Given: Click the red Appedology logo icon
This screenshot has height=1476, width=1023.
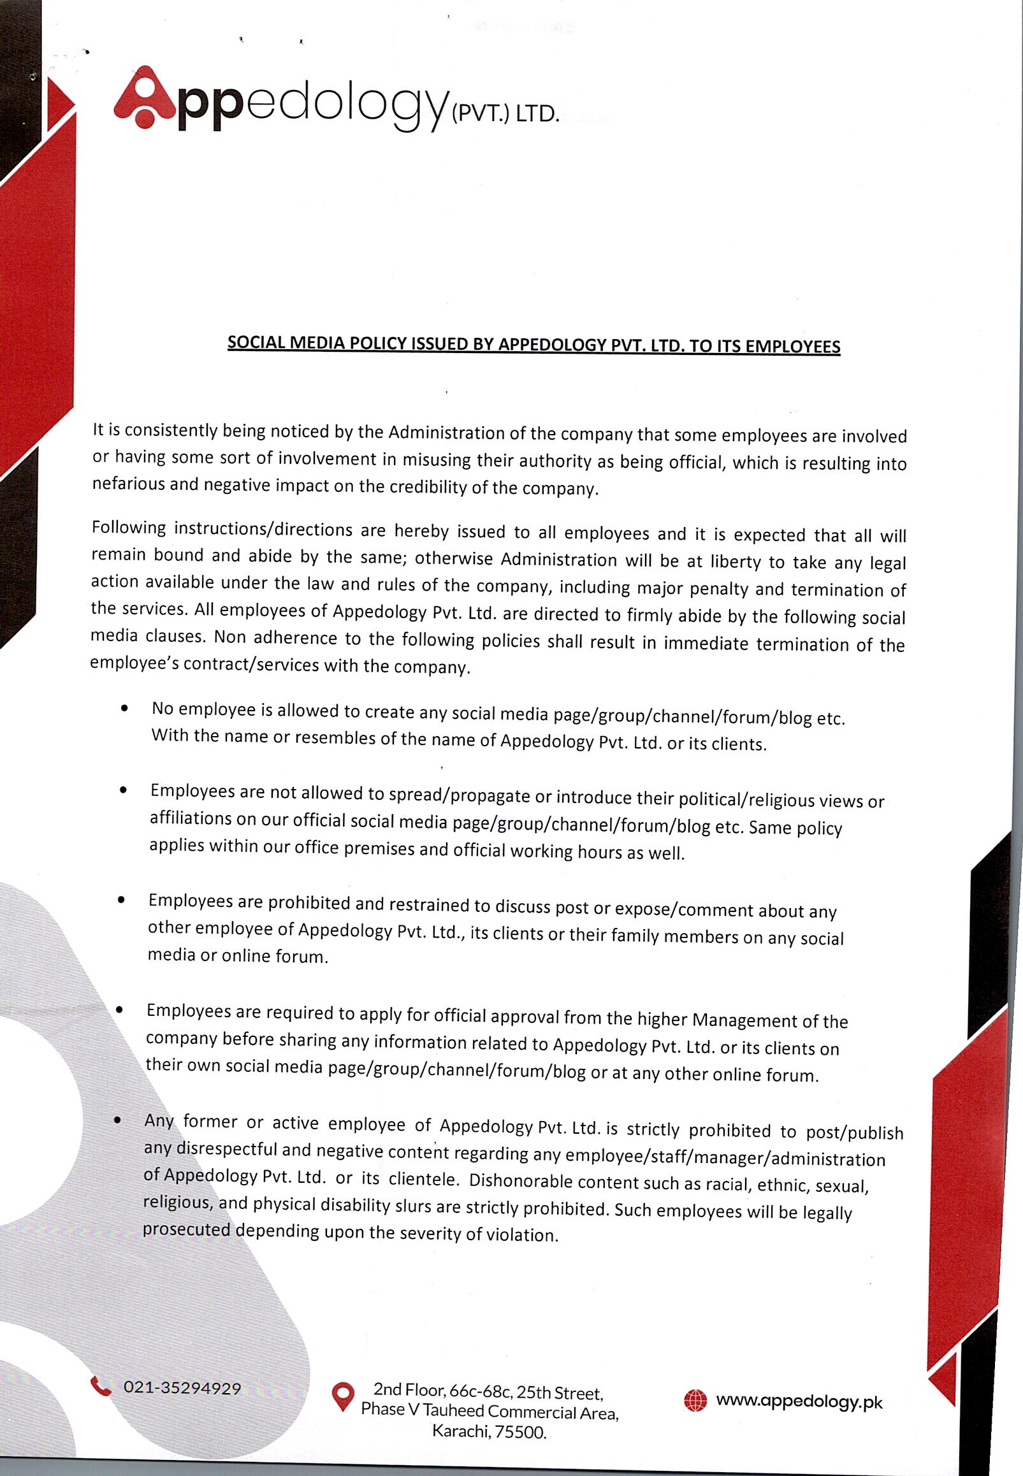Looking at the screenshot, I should click(x=144, y=97).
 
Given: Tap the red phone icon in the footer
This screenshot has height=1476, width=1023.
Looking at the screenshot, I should click(x=101, y=1386).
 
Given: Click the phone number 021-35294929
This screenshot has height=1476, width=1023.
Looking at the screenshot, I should click(x=182, y=1387).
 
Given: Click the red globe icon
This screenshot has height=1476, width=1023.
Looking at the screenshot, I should click(x=695, y=1400).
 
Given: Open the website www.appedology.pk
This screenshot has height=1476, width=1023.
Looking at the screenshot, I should click(x=799, y=1401).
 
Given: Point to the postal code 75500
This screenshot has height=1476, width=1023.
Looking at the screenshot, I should click(x=521, y=1432).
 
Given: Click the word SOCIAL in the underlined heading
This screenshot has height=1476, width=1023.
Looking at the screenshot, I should click(x=256, y=342).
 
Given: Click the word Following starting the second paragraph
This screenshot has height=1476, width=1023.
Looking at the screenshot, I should click(x=129, y=528).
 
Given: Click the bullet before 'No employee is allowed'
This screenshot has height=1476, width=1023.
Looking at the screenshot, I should click(x=124, y=709).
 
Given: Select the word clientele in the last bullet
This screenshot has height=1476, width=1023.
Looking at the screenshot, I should click(x=423, y=1178).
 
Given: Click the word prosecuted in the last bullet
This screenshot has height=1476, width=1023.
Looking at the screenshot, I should click(x=186, y=1229).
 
